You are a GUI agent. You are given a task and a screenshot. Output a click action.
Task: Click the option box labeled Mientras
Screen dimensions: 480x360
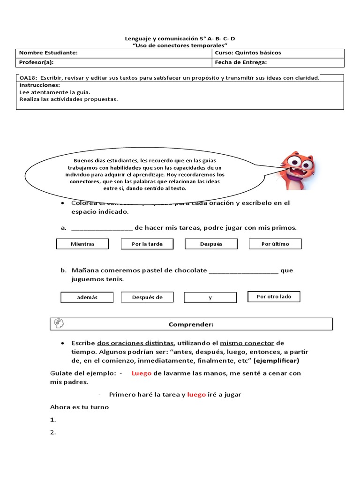[x=82, y=244]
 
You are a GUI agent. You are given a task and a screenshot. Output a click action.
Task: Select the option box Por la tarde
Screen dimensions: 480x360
[x=147, y=244]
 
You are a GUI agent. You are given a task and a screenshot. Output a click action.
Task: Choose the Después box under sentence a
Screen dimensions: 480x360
[x=211, y=244]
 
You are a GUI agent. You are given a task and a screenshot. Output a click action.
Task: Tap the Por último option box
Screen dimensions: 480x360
[x=275, y=244]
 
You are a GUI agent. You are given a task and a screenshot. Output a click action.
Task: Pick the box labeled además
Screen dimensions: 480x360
[x=87, y=297]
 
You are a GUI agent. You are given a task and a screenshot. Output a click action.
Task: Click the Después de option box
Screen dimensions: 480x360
[x=147, y=297]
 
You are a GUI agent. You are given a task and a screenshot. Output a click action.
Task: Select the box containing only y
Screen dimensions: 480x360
[x=210, y=298]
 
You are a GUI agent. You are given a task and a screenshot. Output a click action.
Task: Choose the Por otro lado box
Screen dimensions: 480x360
[x=274, y=297]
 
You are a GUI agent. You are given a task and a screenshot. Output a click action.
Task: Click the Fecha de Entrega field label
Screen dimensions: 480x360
[x=240, y=62]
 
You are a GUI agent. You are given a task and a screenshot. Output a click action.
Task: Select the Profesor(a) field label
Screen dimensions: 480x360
[x=36, y=62]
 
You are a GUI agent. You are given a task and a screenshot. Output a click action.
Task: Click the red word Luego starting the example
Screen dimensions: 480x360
[x=142, y=373]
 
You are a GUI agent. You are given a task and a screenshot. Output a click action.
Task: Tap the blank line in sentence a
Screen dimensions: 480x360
[x=102, y=228]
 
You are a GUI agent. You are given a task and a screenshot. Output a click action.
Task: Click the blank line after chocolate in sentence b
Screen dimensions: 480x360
[x=243, y=271]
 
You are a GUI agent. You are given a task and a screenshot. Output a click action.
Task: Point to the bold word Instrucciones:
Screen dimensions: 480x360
[x=39, y=85]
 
